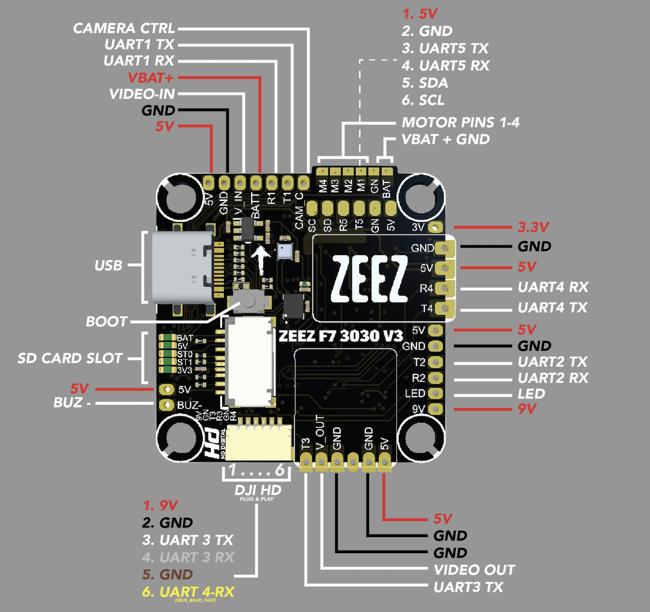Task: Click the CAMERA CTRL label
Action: tap(124, 28)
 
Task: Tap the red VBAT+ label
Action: tap(151, 78)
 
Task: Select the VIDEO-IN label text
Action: tap(142, 94)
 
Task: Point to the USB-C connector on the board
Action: tap(183, 267)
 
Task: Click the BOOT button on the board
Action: tap(247, 300)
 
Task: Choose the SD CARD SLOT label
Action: tap(70, 358)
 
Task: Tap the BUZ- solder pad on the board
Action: tap(167, 404)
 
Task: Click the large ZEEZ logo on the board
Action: tap(369, 279)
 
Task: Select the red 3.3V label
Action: tap(533, 227)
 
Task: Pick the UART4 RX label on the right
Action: tap(553, 287)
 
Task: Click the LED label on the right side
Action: tap(531, 394)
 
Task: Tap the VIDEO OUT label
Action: tap(474, 570)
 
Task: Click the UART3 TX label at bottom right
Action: tap(468, 587)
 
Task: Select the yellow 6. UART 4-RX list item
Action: tap(188, 592)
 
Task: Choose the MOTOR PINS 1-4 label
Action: tap(460, 122)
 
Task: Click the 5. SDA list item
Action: tap(425, 83)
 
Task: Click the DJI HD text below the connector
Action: tap(258, 490)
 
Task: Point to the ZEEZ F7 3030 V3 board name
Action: tap(341, 336)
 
